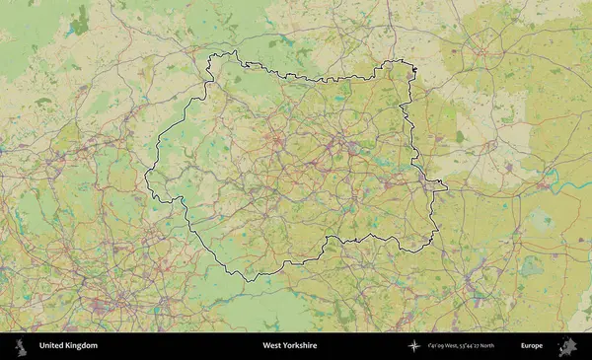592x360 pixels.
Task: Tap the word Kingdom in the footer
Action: coord(81,346)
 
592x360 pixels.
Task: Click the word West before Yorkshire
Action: coord(270,346)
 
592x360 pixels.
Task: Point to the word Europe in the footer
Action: coord(532,346)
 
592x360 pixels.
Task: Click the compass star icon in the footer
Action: coord(414,346)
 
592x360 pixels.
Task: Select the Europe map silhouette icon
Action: coord(567,346)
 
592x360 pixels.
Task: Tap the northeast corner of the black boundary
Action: coord(415,66)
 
